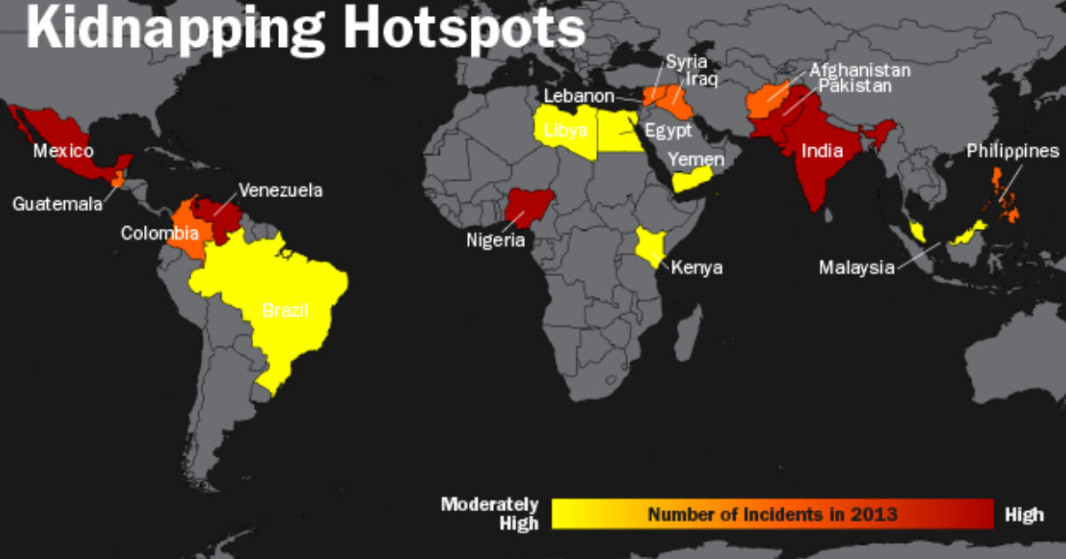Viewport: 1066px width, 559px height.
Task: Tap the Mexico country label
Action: pyautogui.click(x=63, y=151)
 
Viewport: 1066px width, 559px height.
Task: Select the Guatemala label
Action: pyautogui.click(x=57, y=204)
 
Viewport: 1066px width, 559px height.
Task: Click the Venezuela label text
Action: pyautogui.click(x=280, y=190)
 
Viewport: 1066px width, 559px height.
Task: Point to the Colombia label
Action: pyautogui.click(x=160, y=233)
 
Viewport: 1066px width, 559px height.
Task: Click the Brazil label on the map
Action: pyautogui.click(x=285, y=311)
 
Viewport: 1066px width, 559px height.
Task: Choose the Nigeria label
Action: pyautogui.click(x=496, y=240)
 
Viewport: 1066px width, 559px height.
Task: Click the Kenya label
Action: pyautogui.click(x=696, y=267)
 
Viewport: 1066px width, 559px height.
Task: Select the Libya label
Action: pyautogui.click(x=565, y=130)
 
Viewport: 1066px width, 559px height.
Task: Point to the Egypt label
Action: pyautogui.click(x=668, y=130)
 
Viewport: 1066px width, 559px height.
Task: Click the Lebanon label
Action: pyautogui.click(x=579, y=96)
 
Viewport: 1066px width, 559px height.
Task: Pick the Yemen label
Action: pyautogui.click(x=696, y=160)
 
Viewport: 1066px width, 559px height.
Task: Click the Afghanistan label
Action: pyautogui.click(x=859, y=70)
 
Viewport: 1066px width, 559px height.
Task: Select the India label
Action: pyautogui.click(x=822, y=151)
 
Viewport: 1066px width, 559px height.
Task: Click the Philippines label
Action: pyautogui.click(x=1013, y=152)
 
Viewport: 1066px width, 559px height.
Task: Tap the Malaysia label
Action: pyautogui.click(x=856, y=267)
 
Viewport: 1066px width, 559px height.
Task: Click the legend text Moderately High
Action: pyautogui.click(x=490, y=514)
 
